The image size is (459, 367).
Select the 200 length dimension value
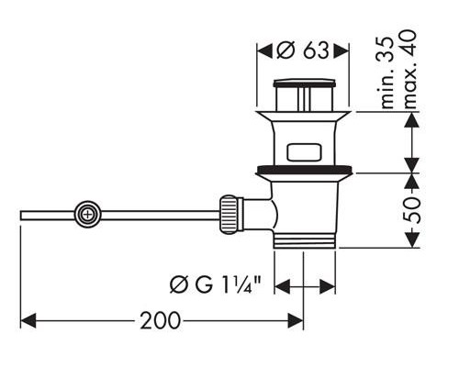(161, 321)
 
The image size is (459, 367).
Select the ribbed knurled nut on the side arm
(230, 215)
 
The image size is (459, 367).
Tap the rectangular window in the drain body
(306, 152)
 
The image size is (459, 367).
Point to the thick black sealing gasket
(306, 170)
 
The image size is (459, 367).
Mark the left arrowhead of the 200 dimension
(26, 321)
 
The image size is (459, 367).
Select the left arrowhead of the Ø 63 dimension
(261, 50)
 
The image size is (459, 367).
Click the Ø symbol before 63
(283, 50)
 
